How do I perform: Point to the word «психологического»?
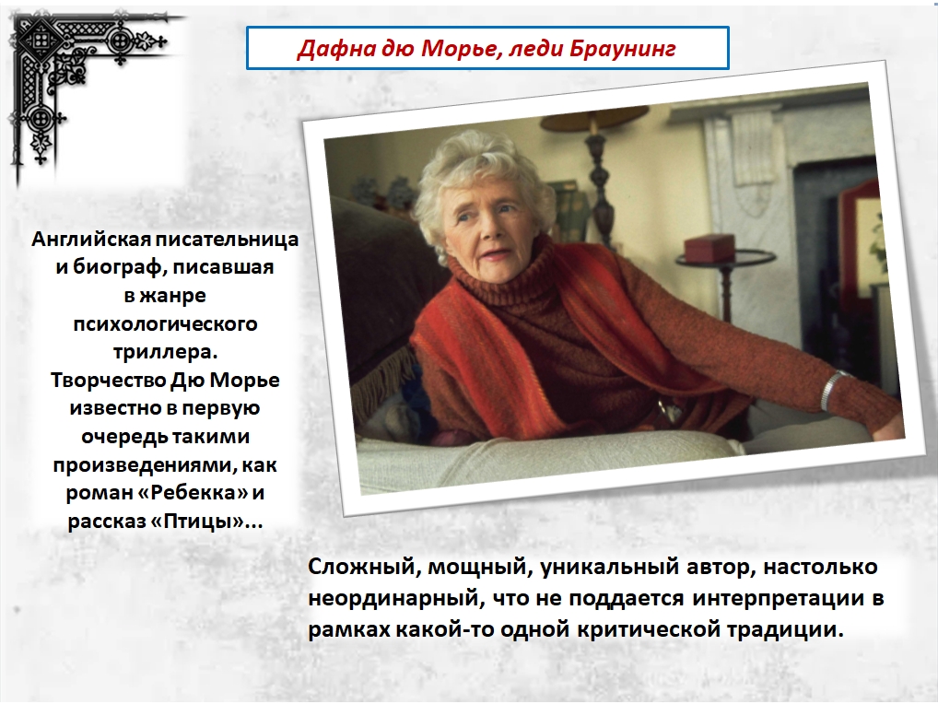pos(165,324)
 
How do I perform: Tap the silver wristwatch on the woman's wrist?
pos(830,389)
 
